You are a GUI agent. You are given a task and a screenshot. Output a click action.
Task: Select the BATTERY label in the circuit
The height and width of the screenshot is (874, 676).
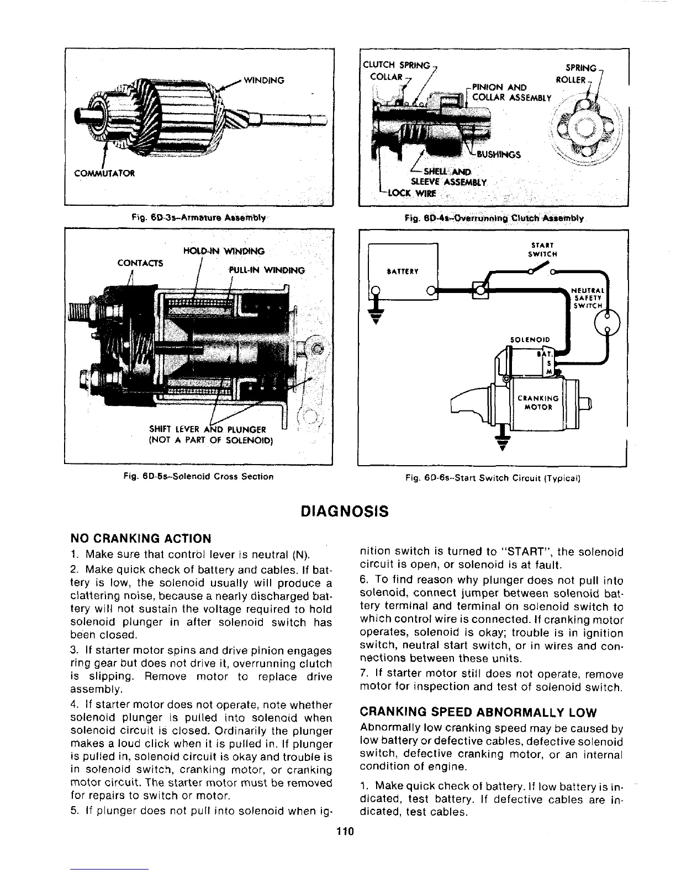click(x=403, y=271)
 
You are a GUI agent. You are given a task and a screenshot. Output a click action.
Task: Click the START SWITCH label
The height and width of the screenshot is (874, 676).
click(x=543, y=250)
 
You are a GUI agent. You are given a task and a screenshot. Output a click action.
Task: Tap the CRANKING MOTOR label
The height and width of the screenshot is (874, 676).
click(x=538, y=402)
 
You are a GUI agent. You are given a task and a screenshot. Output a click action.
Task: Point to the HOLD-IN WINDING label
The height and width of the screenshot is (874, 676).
click(x=223, y=251)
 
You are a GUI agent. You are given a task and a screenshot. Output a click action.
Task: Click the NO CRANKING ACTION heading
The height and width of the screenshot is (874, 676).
click(x=141, y=539)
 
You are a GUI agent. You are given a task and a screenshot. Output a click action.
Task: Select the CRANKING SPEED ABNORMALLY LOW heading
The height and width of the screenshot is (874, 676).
click(x=473, y=711)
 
